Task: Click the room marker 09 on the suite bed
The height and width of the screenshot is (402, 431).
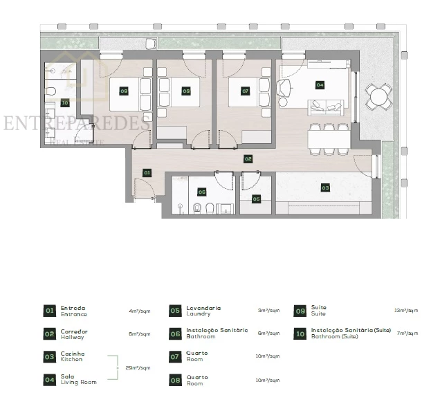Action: (x=124, y=91)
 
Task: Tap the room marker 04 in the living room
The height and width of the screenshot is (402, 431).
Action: (x=320, y=85)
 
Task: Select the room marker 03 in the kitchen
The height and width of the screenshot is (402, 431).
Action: (x=324, y=187)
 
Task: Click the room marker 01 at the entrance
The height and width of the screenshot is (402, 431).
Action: (x=147, y=172)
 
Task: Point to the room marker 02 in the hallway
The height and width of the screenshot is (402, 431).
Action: (x=248, y=158)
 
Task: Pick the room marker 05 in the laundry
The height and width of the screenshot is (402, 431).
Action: (x=256, y=199)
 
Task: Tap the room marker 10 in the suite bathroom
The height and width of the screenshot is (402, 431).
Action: (x=65, y=102)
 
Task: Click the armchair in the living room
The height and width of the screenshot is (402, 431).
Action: (x=284, y=89)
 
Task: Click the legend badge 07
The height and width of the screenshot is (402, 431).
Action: (x=174, y=356)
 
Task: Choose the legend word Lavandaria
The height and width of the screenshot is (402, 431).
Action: (x=203, y=308)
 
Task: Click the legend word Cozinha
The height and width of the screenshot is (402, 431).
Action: (x=73, y=354)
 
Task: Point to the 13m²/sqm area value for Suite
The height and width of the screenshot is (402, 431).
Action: (x=406, y=311)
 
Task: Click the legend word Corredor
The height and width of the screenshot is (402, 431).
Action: (x=74, y=331)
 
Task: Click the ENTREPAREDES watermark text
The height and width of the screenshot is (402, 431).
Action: (x=76, y=123)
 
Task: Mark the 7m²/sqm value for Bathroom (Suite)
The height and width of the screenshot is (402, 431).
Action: (x=406, y=334)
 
